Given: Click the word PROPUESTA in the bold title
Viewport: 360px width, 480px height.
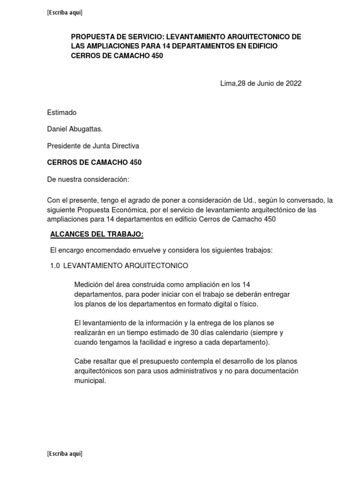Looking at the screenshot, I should click(x=91, y=37).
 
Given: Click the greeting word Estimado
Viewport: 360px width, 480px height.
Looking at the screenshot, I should click(x=61, y=112).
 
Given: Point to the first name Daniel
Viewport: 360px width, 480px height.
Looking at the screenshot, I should click(x=58, y=129).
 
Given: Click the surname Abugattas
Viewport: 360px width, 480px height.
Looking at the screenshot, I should click(x=86, y=129).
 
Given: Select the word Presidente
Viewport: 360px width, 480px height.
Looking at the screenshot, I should click(x=64, y=146).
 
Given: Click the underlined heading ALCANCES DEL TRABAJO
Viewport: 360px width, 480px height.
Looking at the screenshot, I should click(x=97, y=234).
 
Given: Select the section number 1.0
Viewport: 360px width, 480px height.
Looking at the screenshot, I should click(x=55, y=266).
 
